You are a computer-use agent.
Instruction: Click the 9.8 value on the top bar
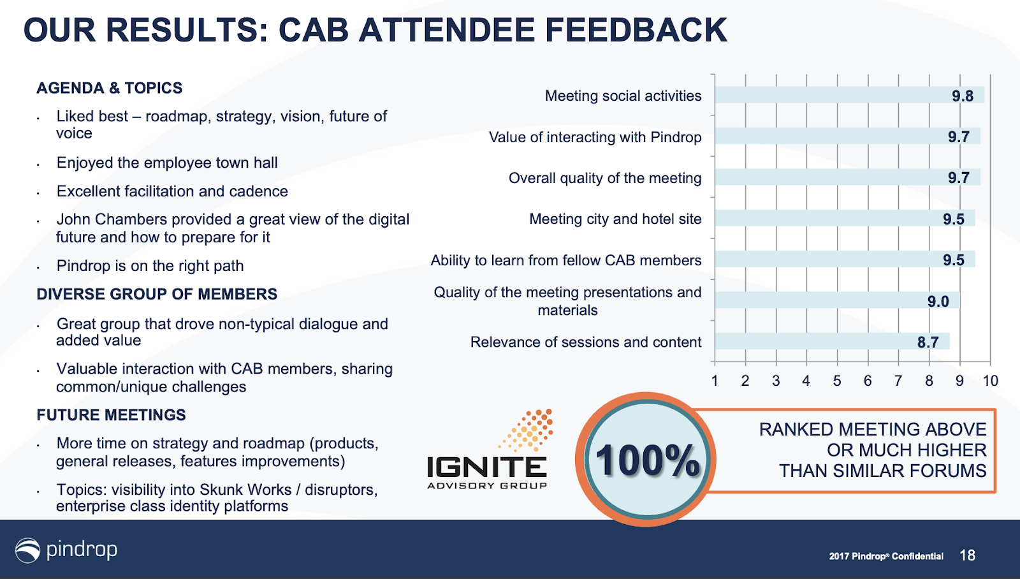tap(962, 96)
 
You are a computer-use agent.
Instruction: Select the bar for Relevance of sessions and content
tap(832, 341)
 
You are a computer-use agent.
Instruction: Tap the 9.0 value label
tap(938, 301)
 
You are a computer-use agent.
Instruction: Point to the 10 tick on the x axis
tap(991, 381)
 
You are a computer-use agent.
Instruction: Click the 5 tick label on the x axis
tap(837, 381)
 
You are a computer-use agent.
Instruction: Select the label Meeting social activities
tap(623, 96)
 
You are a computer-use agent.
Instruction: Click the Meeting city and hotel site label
tap(615, 219)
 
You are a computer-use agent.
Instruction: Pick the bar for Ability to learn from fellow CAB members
tap(845, 259)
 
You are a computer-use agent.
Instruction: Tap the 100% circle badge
tap(646, 460)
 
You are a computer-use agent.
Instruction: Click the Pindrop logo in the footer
tap(66, 550)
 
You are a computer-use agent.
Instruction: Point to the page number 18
tap(967, 555)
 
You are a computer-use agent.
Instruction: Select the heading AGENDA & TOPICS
tap(109, 88)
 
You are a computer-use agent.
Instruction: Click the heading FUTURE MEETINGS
tap(111, 415)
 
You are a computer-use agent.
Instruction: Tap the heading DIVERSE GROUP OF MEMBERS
tap(157, 295)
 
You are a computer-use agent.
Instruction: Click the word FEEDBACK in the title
tap(636, 30)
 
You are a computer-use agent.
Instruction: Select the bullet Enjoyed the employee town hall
tap(167, 163)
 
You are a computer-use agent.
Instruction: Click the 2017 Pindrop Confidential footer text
tap(886, 556)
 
